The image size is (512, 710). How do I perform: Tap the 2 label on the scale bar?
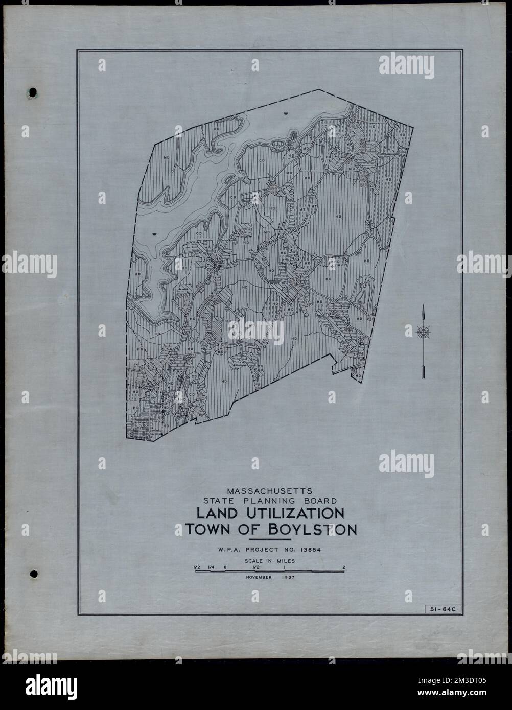click(x=344, y=566)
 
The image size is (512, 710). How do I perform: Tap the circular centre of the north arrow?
click(x=423, y=333)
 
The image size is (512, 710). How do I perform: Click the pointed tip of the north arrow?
click(x=423, y=305)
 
